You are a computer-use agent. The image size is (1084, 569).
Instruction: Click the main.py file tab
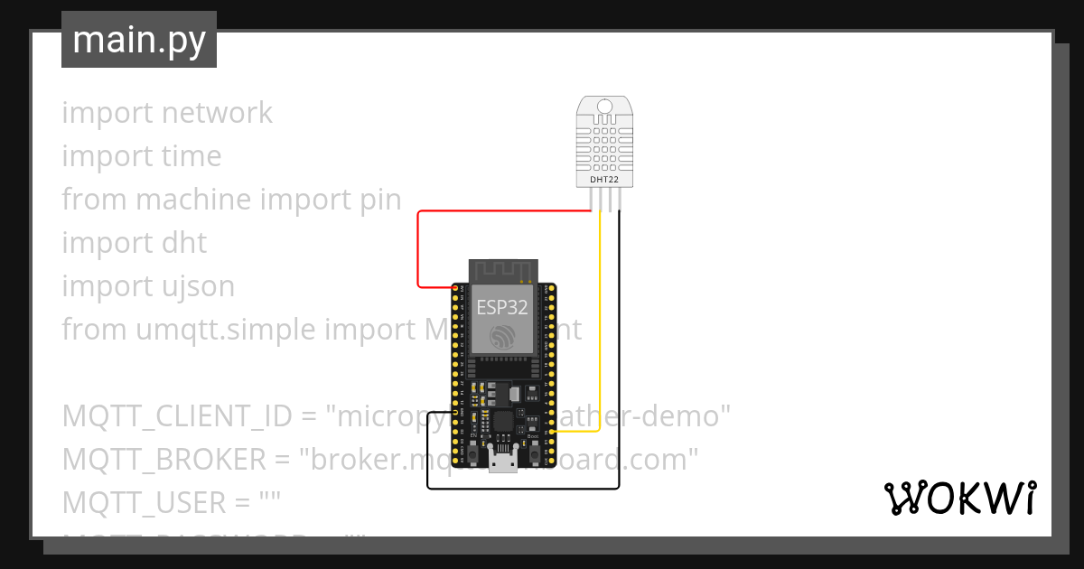click(x=138, y=40)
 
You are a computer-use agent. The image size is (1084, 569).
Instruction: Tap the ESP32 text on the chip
click(x=503, y=306)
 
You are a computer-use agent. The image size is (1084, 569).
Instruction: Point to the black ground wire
click(x=524, y=489)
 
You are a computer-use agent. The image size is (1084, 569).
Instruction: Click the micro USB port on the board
click(x=503, y=462)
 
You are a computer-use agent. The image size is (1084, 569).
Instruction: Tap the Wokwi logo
click(x=958, y=497)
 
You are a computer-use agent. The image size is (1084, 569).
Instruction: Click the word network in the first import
click(x=217, y=113)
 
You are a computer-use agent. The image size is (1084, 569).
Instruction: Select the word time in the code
click(x=192, y=156)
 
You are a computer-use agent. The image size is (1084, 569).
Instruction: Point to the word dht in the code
click(x=184, y=243)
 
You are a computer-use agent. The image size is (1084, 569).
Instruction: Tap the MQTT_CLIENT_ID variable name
click(x=177, y=416)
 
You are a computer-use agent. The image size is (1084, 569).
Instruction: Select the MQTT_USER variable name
click(x=145, y=503)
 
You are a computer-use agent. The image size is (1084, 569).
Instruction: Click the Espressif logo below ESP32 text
click(x=503, y=339)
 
